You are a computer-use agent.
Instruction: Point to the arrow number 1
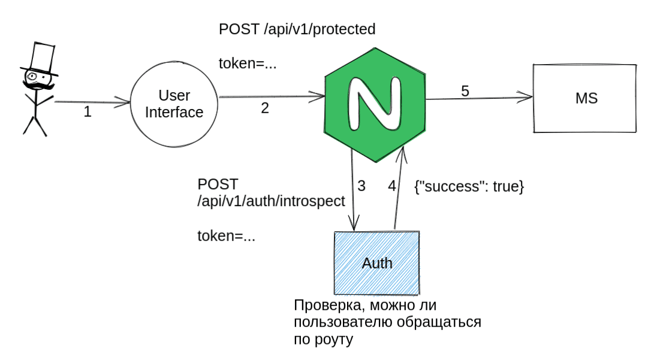pos(88,111)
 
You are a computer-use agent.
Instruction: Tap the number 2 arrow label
pos(265,108)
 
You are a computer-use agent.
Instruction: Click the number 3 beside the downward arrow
pos(361,186)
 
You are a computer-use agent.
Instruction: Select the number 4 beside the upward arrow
pos(392,186)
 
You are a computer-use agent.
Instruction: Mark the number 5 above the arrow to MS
pos(465,90)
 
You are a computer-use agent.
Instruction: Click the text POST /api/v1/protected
pos(297,29)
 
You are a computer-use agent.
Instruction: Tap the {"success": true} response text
pos(469,186)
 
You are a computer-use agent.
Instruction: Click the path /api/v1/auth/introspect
pos(271,201)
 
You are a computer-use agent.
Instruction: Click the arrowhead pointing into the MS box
pos(528,96)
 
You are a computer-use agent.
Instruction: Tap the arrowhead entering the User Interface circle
pos(126,104)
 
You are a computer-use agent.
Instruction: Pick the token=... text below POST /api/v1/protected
pos(248,62)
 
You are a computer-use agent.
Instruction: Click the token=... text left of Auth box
pos(227,235)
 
